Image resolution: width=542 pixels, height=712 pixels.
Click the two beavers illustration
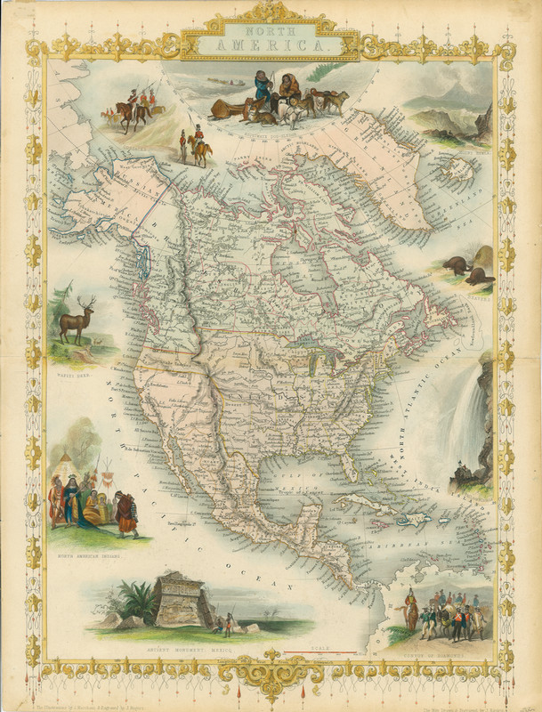pyautogui.click(x=468, y=269)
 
